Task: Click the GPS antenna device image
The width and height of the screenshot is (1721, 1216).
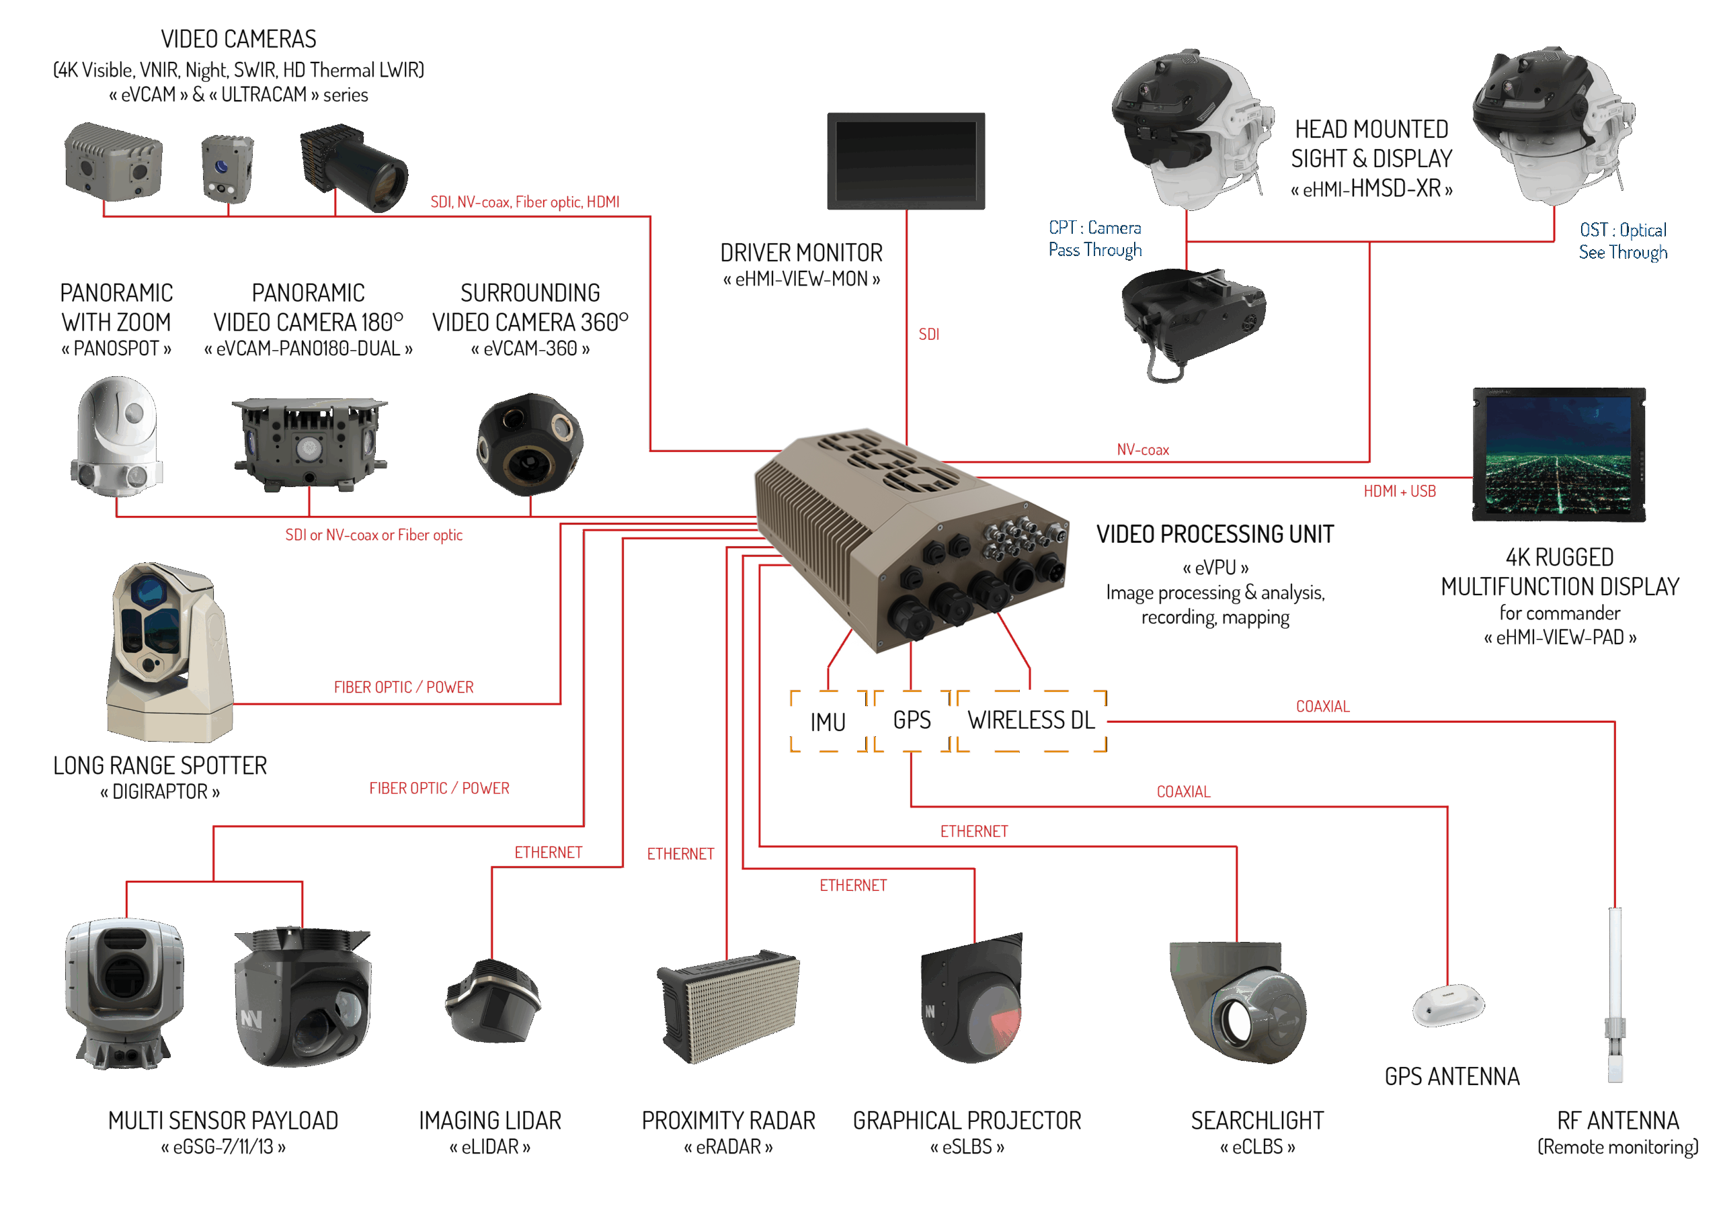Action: click(1447, 1005)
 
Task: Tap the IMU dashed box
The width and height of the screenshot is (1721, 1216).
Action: click(828, 721)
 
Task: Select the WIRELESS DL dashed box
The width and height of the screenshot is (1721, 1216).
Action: click(1031, 720)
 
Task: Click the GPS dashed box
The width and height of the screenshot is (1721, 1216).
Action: click(912, 720)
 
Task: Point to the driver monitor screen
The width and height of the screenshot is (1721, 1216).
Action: click(906, 161)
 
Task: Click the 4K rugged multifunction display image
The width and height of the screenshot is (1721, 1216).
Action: click(1558, 454)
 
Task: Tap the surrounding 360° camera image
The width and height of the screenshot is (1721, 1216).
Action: click(530, 443)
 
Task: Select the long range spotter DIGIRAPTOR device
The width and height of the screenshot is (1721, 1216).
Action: click(169, 651)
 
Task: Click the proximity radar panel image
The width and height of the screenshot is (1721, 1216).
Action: click(729, 1006)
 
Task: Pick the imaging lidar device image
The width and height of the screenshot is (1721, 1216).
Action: click(493, 1001)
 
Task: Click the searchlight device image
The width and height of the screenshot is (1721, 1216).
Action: click(1238, 1001)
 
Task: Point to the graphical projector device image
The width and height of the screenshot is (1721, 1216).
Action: click(971, 998)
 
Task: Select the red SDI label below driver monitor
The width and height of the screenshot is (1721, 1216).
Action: click(928, 334)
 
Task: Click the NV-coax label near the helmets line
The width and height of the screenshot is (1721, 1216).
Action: click(1142, 449)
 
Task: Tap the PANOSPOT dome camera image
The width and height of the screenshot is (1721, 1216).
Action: click(117, 437)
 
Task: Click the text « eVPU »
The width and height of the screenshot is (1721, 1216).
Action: click(1215, 567)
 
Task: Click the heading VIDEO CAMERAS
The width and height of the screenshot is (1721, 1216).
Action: click(239, 39)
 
